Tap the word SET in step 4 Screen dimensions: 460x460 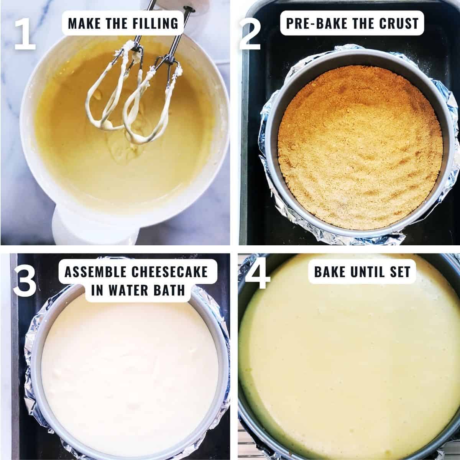click(x=399, y=272)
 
